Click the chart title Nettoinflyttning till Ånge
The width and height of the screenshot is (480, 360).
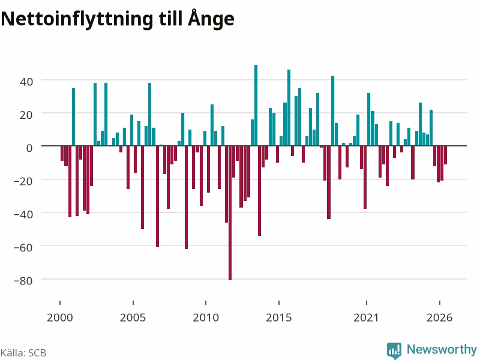click(118, 19)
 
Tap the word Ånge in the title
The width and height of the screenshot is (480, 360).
click(211, 19)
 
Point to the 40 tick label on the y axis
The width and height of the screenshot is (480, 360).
click(26, 82)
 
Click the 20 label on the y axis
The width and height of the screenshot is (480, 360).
click(26, 115)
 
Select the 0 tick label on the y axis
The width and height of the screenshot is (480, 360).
click(29, 148)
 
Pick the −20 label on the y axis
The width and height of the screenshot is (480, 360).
click(23, 181)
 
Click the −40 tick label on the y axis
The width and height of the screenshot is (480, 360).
click(23, 214)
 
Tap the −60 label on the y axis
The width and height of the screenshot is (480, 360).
click(23, 247)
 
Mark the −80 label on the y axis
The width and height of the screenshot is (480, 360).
click(23, 281)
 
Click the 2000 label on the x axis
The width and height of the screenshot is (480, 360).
click(60, 317)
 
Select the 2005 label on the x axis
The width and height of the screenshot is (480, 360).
click(133, 317)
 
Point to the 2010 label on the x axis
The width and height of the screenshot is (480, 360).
click(206, 317)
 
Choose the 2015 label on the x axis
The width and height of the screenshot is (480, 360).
click(279, 317)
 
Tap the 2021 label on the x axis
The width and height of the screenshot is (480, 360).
click(366, 317)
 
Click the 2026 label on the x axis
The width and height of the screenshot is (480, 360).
click(440, 317)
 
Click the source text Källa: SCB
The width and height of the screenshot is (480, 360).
click(23, 353)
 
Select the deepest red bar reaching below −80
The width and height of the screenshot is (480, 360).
click(230, 213)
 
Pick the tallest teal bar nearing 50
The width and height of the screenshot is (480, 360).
click(256, 106)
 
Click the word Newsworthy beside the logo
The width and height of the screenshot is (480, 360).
click(442, 349)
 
